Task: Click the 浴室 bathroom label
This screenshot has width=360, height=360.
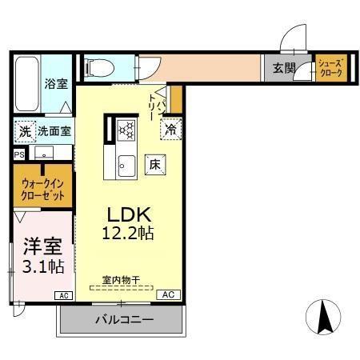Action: click(55, 82)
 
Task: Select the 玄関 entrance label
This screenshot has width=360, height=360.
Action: click(283, 68)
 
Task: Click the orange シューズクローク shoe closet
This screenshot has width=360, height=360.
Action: click(330, 67)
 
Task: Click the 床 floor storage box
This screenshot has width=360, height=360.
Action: click(154, 165)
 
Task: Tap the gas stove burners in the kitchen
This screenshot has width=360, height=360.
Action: click(126, 129)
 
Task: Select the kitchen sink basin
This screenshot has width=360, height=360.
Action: click(126, 166)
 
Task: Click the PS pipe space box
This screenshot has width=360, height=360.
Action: click(18, 155)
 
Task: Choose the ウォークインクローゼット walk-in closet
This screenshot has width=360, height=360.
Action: click(43, 189)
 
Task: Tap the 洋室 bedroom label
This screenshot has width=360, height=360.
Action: click(38, 245)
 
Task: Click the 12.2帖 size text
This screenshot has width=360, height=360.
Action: click(128, 234)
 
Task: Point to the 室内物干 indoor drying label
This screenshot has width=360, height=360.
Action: click(120, 280)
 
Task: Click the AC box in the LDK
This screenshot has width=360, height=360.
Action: click(168, 294)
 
